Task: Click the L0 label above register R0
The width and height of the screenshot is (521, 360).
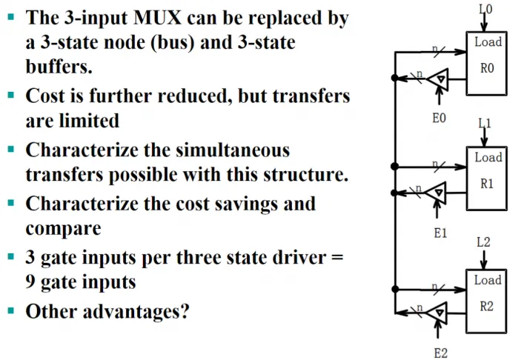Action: tap(485, 9)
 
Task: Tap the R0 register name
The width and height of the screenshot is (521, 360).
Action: tap(487, 68)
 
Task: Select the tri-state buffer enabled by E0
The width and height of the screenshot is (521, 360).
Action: tap(437, 79)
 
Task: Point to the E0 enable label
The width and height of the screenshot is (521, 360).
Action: tap(439, 118)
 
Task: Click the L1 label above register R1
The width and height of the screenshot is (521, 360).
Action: tap(485, 124)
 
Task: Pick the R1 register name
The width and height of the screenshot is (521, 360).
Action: tap(487, 183)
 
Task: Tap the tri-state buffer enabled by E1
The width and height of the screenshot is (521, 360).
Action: tap(436, 193)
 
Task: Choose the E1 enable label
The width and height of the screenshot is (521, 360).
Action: tap(440, 233)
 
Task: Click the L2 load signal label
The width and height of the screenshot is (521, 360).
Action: tap(483, 242)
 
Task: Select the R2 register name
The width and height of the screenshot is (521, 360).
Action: tap(486, 306)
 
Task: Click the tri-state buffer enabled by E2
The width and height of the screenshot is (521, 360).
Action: tap(437, 313)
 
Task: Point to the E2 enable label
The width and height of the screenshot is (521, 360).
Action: tap(441, 353)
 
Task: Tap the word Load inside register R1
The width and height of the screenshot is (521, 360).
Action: tap(488, 157)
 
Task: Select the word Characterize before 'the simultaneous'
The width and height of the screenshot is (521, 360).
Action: tap(82, 150)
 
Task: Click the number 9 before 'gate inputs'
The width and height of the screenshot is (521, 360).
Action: tap(30, 281)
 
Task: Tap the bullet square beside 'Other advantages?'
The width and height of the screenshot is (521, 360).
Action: tap(11, 310)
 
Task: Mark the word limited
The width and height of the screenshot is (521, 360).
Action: tap(89, 121)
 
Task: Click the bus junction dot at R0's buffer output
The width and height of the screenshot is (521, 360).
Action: tap(395, 78)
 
